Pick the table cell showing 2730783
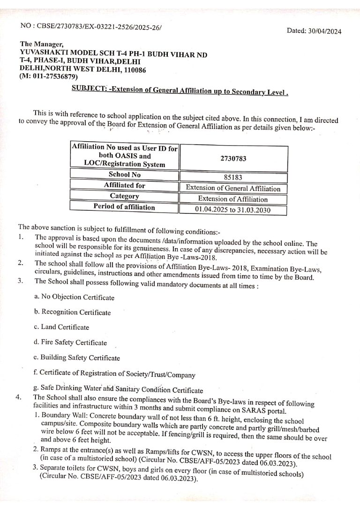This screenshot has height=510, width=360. click(x=233, y=159)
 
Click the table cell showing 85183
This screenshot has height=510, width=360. click(x=233, y=178)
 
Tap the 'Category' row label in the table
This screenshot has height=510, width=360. click(x=124, y=196)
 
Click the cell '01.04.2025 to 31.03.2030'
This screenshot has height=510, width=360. click(x=233, y=210)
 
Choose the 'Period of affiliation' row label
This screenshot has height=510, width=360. click(x=124, y=206)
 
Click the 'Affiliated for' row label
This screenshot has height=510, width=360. click(x=124, y=185)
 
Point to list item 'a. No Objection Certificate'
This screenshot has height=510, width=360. click(x=74, y=297)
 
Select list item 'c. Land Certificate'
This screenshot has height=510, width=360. click(x=61, y=327)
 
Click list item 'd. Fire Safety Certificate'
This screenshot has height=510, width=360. click(x=70, y=343)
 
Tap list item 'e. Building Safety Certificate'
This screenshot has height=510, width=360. click(x=77, y=358)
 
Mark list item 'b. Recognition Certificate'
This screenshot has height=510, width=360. click(x=73, y=312)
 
